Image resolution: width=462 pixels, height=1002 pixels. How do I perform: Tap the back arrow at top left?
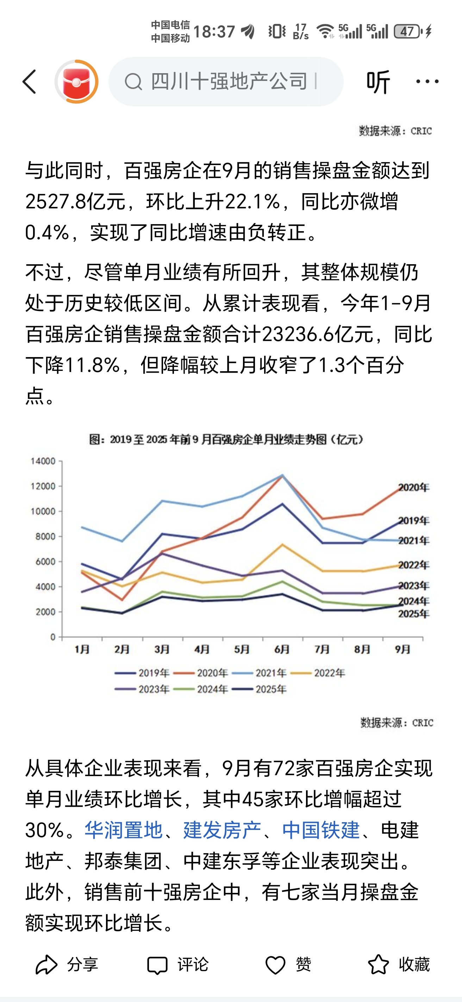(30, 82)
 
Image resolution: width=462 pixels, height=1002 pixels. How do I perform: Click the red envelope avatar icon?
(76, 82)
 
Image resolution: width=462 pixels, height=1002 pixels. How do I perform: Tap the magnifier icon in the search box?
(133, 82)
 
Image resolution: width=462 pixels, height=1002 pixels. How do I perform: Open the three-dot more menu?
(427, 82)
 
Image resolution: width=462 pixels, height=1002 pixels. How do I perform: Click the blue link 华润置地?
(123, 830)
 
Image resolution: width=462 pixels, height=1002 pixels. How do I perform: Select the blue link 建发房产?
(222, 830)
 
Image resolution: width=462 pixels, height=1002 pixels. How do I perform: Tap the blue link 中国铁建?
(321, 830)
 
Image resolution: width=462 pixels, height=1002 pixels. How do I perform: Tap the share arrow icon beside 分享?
(46, 964)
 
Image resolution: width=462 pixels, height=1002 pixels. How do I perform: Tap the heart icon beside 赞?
(275, 965)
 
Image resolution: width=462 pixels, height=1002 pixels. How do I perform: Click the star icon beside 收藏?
(378, 964)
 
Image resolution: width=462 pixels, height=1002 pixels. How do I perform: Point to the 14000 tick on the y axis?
(43, 461)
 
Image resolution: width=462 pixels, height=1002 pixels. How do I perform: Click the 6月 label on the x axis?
(282, 649)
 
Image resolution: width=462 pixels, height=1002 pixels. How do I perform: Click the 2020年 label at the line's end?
(413, 487)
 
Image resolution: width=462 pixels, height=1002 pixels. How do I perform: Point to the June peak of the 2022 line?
(282, 545)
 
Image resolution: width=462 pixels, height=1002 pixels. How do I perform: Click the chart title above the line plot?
(226, 439)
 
